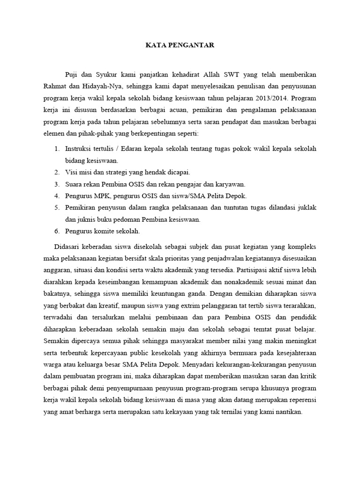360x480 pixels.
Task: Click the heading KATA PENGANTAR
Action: click(180, 46)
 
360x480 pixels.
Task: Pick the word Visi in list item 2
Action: click(72, 172)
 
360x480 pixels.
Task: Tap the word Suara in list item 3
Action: click(75, 184)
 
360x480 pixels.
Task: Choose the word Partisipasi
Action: click(255, 270)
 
